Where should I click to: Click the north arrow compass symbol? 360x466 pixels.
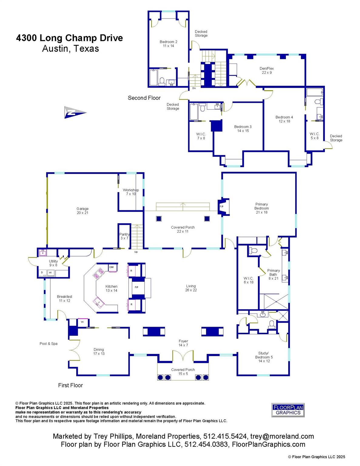[x=75, y=112]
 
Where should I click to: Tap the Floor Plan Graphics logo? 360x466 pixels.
[x=288, y=410]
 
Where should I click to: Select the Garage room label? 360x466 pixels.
[x=82, y=211]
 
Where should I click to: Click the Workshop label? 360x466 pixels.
[x=131, y=192]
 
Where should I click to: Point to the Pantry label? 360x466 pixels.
[x=125, y=236]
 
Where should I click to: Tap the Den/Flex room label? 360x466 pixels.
[x=267, y=71]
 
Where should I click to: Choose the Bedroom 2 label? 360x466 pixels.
[x=168, y=44]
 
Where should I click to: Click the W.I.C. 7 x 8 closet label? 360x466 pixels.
[x=201, y=136]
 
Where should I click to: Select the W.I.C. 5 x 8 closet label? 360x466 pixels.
[x=315, y=136]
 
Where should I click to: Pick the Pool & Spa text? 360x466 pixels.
[x=49, y=343]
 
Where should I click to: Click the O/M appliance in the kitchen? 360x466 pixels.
[x=111, y=267]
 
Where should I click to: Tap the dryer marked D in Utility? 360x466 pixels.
[x=42, y=272]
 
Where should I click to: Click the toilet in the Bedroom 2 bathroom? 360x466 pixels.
[x=162, y=81]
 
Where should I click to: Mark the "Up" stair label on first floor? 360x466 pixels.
[x=136, y=252]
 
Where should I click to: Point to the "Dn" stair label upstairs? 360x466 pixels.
[x=194, y=88]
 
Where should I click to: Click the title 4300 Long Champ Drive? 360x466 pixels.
[x=69, y=38]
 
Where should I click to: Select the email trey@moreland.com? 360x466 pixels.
[x=282, y=436]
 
